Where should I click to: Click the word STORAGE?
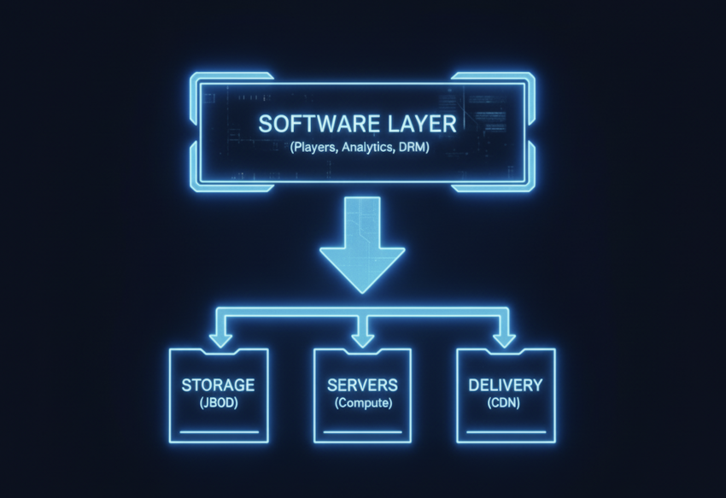218,385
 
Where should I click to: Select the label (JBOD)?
218,402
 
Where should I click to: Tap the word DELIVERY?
506,385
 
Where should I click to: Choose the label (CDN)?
506,402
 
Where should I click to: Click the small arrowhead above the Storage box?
220,339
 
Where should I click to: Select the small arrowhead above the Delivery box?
505,339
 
